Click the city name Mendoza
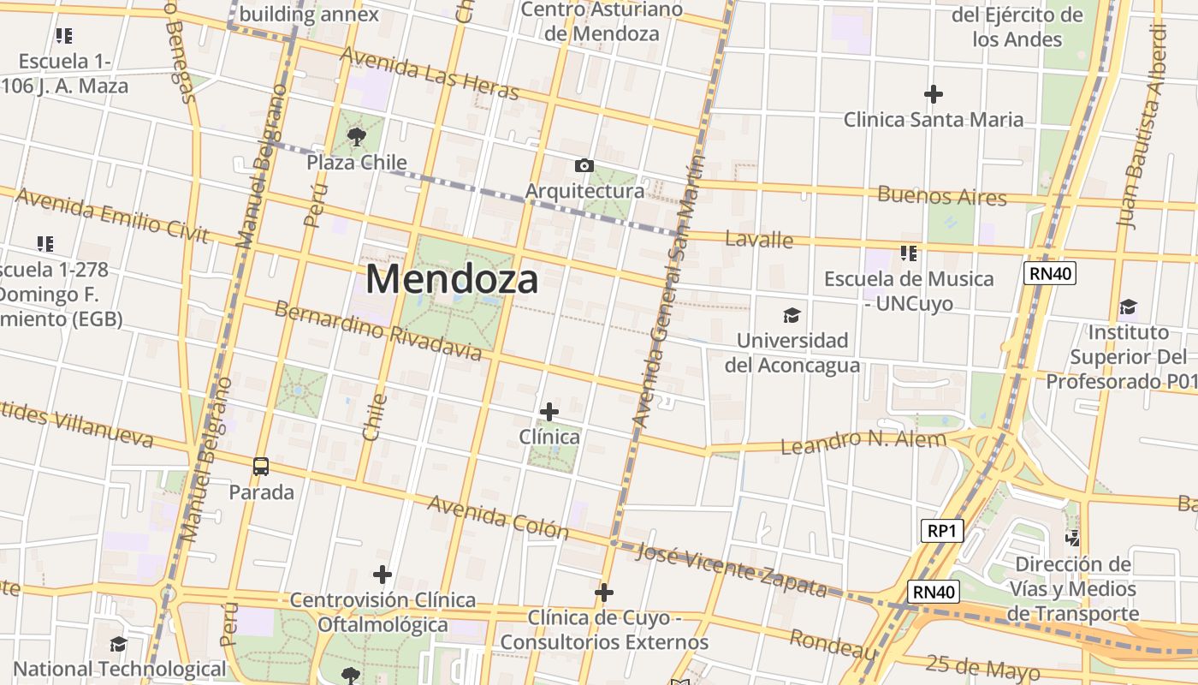tap(453, 279)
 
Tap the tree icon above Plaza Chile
tap(357, 135)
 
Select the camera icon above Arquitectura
tap(584, 165)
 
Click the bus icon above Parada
tap(261, 467)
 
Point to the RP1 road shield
tap(942, 531)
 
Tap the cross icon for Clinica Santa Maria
tap(934, 93)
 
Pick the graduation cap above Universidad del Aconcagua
tap(792, 315)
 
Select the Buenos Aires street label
tap(942, 195)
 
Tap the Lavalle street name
tap(759, 239)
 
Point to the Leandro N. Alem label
tap(863, 442)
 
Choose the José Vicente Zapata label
tap(732, 569)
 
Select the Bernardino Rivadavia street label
tap(377, 330)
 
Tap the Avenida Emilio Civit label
tap(111, 215)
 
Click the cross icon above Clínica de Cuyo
tap(604, 592)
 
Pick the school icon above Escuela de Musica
tap(909, 253)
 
